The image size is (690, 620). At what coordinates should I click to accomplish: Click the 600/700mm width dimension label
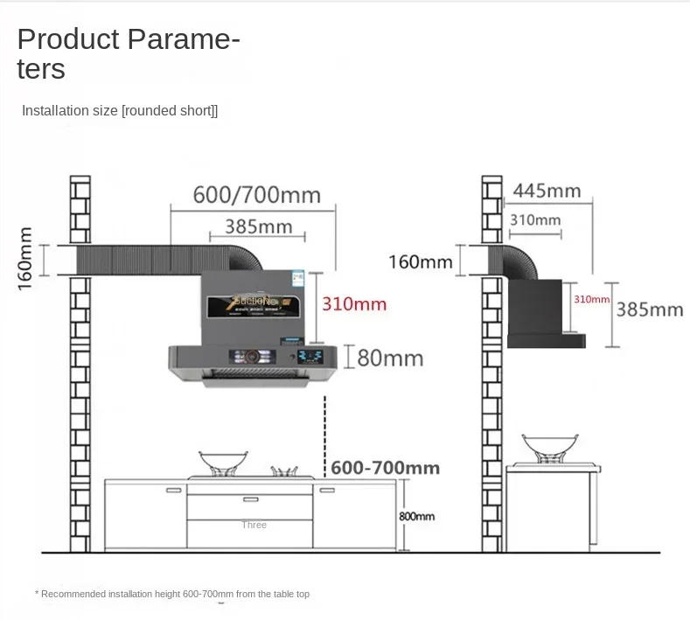256,194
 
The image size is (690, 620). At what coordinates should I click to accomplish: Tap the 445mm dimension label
547,191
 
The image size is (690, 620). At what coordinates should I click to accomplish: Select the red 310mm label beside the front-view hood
353,304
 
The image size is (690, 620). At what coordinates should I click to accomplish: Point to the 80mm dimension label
390,357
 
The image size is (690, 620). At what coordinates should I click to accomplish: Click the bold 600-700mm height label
385,468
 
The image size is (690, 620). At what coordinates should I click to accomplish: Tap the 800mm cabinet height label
416,516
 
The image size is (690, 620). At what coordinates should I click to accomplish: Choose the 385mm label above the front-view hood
258,226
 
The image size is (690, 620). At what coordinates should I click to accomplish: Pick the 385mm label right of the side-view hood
649,309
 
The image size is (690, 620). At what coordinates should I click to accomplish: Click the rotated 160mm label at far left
25,258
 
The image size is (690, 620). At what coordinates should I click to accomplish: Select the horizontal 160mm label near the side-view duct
422,261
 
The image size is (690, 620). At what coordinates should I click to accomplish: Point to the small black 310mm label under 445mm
535,219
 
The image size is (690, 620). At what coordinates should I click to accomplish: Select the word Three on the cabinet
254,525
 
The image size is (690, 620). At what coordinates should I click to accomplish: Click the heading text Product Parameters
128,52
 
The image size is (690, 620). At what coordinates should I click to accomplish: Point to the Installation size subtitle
119,111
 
